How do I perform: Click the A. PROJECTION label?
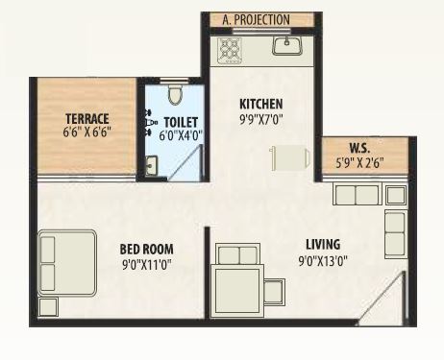click(257, 19)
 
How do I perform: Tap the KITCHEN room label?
click(259, 104)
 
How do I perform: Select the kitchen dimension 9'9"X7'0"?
click(260, 122)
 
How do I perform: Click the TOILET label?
click(181, 122)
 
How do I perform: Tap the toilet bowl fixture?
click(174, 93)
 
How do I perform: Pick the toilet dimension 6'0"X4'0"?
click(181, 136)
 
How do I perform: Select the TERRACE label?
click(86, 118)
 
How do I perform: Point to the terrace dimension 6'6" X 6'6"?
click(86, 132)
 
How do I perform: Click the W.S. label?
click(360, 148)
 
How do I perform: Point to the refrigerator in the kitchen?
click(287, 157)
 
